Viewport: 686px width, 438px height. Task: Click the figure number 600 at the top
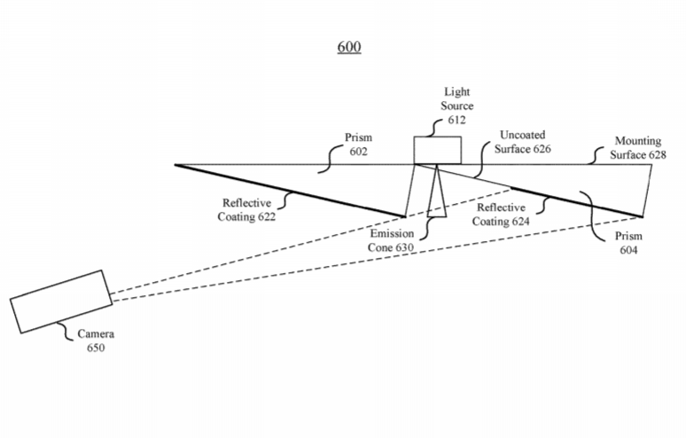click(349, 46)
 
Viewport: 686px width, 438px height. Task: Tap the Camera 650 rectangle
click(61, 301)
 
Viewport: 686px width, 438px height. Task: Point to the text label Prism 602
click(358, 145)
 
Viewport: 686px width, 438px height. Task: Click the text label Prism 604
click(628, 243)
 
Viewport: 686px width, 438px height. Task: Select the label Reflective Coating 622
click(246, 209)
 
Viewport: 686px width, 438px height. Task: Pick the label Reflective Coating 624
click(501, 215)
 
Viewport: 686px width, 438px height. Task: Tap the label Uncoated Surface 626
click(523, 142)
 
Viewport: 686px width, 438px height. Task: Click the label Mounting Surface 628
click(638, 147)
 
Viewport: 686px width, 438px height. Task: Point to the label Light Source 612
click(456, 106)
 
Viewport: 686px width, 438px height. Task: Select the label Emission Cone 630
click(391, 240)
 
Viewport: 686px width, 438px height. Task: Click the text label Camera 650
click(96, 340)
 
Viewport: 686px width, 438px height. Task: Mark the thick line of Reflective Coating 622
click(290, 191)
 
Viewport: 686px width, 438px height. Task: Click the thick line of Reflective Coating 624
click(577, 202)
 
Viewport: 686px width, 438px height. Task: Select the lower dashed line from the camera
click(378, 259)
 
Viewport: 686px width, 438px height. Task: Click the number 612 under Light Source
click(456, 120)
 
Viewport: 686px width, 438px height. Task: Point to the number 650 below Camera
click(96, 348)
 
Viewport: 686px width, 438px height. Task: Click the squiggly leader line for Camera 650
click(65, 332)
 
